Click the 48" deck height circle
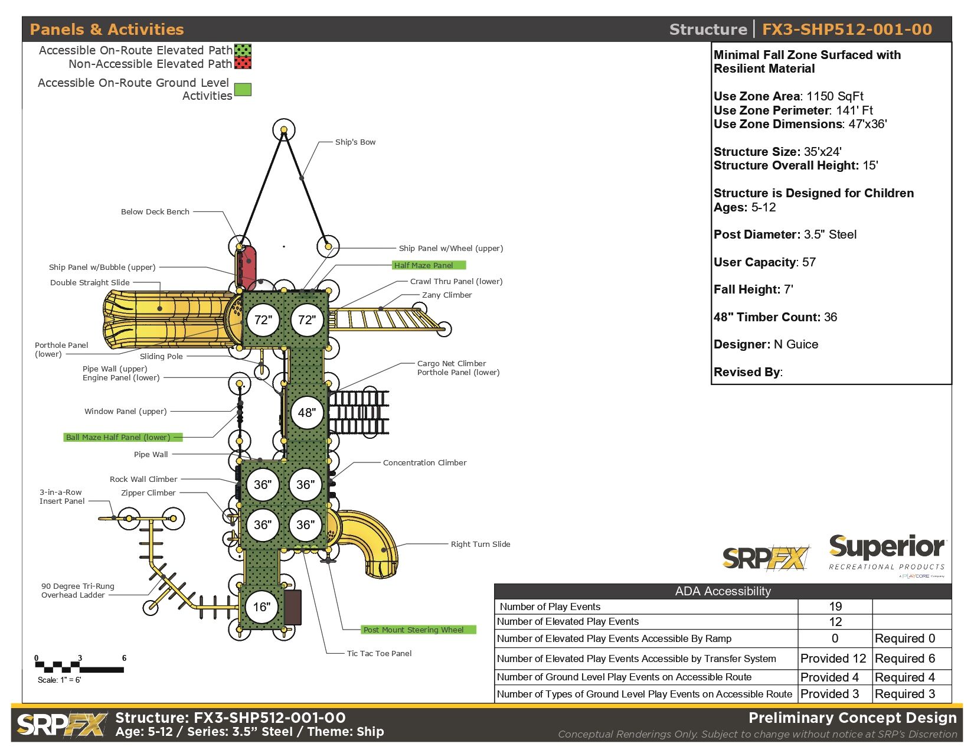(306, 412)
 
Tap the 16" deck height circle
(262, 607)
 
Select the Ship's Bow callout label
(355, 142)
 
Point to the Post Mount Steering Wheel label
(418, 630)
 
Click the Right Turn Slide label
(480, 544)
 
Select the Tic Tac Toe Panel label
(379, 653)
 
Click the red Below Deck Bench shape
(249, 266)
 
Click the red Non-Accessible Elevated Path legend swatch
(243, 63)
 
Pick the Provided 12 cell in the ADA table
(833, 658)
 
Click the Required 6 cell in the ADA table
(904, 658)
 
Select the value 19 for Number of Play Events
(835, 606)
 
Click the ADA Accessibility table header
(723, 591)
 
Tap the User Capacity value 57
(809, 262)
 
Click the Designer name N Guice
(795, 344)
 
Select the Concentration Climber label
(424, 462)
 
